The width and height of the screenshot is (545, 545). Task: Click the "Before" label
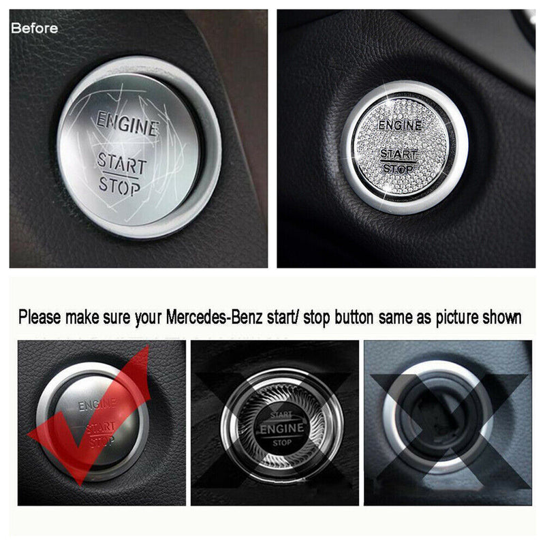tap(35, 29)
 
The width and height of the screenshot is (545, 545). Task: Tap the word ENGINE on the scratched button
tap(127, 124)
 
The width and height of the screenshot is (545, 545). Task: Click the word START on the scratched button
tap(121, 163)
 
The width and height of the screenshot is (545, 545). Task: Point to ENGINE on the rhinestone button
tap(400, 125)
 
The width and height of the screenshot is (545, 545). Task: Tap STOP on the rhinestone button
tap(397, 168)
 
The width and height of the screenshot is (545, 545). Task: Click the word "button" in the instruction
tap(362, 317)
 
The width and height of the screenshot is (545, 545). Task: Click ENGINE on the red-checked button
tap(97, 405)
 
